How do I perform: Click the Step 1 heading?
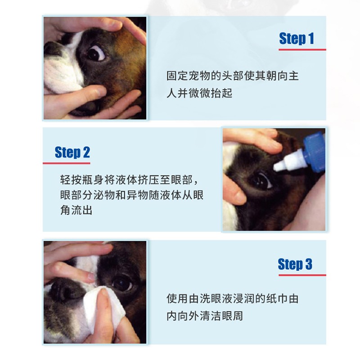(x=297, y=39)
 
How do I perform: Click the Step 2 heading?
(x=72, y=152)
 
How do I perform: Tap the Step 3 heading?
(x=295, y=264)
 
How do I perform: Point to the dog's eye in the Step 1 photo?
(x=96, y=54)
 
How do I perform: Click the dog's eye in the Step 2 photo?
(x=263, y=180)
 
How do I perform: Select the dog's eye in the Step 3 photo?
(x=122, y=283)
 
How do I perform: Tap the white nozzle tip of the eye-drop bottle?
(x=278, y=166)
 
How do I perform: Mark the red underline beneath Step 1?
(x=302, y=49)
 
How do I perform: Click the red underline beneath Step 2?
(x=66, y=163)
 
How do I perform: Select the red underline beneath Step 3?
(x=302, y=275)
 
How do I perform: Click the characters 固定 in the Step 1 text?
(x=177, y=76)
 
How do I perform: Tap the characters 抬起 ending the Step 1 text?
(x=221, y=93)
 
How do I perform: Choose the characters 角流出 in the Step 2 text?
(x=76, y=210)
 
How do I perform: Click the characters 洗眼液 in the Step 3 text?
(x=216, y=299)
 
